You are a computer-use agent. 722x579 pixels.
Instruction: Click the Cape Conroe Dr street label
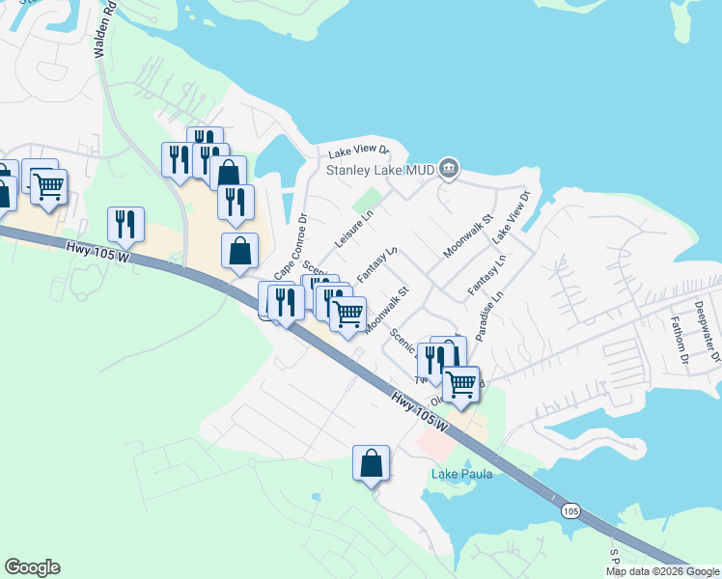click(x=291, y=243)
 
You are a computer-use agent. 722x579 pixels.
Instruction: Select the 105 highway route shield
click(x=570, y=510)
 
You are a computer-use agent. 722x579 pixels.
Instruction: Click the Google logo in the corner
click(x=32, y=567)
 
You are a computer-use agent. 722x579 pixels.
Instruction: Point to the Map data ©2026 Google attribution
click(x=661, y=571)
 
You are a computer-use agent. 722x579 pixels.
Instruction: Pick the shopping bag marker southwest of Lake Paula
click(x=371, y=463)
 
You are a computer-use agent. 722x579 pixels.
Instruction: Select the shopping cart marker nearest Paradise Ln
click(x=461, y=383)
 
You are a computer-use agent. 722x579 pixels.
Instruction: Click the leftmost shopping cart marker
click(x=48, y=185)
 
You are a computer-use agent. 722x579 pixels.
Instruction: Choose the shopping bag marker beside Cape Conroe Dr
click(x=239, y=251)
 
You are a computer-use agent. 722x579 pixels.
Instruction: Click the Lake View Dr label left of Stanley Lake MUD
click(x=357, y=152)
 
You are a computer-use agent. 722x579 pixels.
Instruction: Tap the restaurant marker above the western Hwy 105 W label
click(x=125, y=224)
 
